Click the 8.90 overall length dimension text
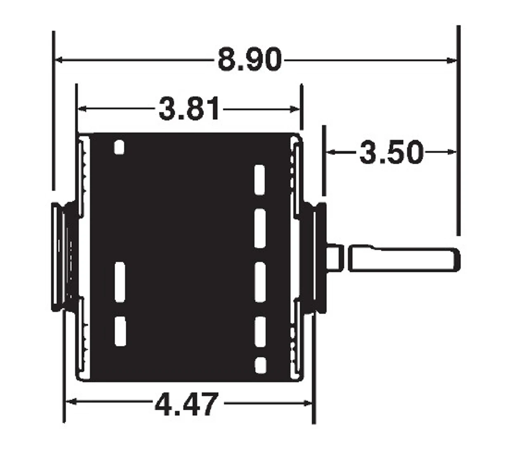point(250,60)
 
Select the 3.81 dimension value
point(189,109)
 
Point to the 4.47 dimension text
point(186,404)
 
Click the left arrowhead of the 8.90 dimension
point(59,60)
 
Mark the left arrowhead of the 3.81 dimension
point(82,109)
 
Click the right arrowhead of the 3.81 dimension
point(295,109)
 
